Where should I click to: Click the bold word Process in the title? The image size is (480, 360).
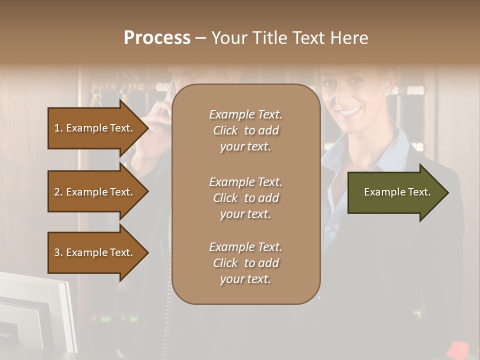(x=157, y=38)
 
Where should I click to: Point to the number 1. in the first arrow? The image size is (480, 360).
(x=58, y=128)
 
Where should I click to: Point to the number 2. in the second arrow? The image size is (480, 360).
(x=58, y=192)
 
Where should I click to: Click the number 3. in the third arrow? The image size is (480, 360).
(x=58, y=252)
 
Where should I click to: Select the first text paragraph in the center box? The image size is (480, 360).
(x=245, y=130)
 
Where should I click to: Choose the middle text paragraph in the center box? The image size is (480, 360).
(x=245, y=198)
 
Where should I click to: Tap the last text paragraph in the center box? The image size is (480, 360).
(x=245, y=263)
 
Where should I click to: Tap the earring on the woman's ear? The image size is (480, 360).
(x=386, y=93)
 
